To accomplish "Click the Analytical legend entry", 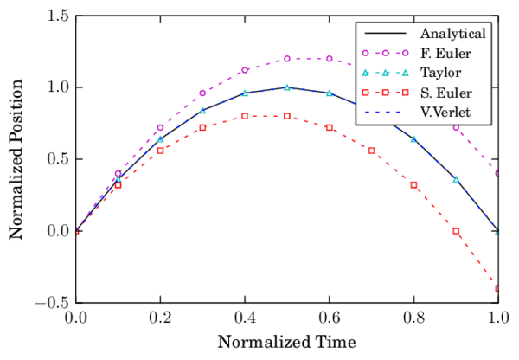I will tap(452, 35).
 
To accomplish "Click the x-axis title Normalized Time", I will tap(286, 341).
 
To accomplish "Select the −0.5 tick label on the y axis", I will tap(52, 303).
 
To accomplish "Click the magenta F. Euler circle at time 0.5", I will tap(287, 59).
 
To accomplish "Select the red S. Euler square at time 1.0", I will tap(498, 288).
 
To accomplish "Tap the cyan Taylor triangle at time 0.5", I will tap(287, 87).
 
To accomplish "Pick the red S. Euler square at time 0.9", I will tap(456, 231).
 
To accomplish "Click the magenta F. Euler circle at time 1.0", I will tap(498, 173).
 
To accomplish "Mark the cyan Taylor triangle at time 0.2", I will tap(160, 138).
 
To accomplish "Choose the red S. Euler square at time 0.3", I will tap(202, 127).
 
